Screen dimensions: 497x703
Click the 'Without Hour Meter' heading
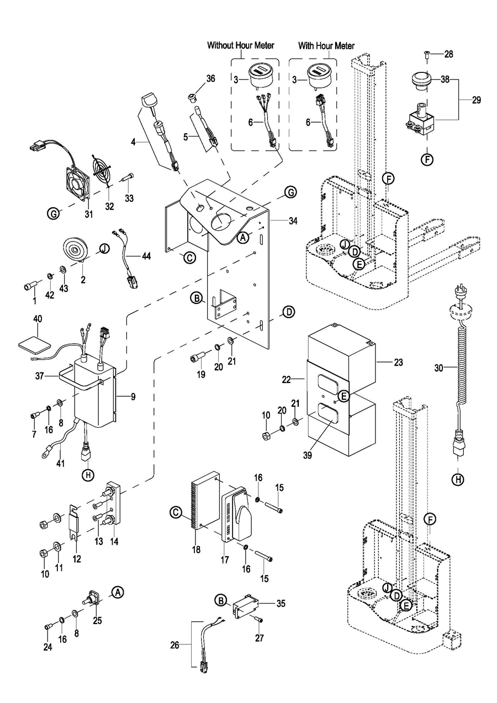241,45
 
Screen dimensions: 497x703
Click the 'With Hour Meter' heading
326,46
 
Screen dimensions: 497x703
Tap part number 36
211,79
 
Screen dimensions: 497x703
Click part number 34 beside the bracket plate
293,221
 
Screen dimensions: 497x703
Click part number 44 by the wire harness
146,256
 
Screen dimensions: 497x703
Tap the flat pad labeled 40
34,344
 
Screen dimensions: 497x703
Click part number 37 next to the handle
39,376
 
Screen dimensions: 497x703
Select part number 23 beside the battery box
398,363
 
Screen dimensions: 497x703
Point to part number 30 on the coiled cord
438,368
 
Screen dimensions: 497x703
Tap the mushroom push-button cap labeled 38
420,81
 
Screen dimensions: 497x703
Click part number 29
476,100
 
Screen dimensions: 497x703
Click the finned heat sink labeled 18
204,501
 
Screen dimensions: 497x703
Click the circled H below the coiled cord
458,480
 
